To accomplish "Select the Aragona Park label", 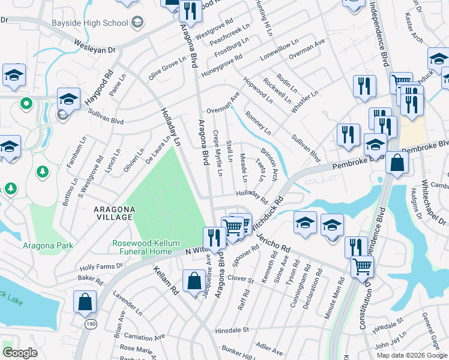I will tap(48, 245).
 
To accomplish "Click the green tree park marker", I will tap(43, 173).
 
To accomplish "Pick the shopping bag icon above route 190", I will tap(85, 302).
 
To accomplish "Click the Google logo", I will tap(20, 353).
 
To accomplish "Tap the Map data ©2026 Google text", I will tap(412, 355).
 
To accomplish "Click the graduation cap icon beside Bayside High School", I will tap(137, 23).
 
